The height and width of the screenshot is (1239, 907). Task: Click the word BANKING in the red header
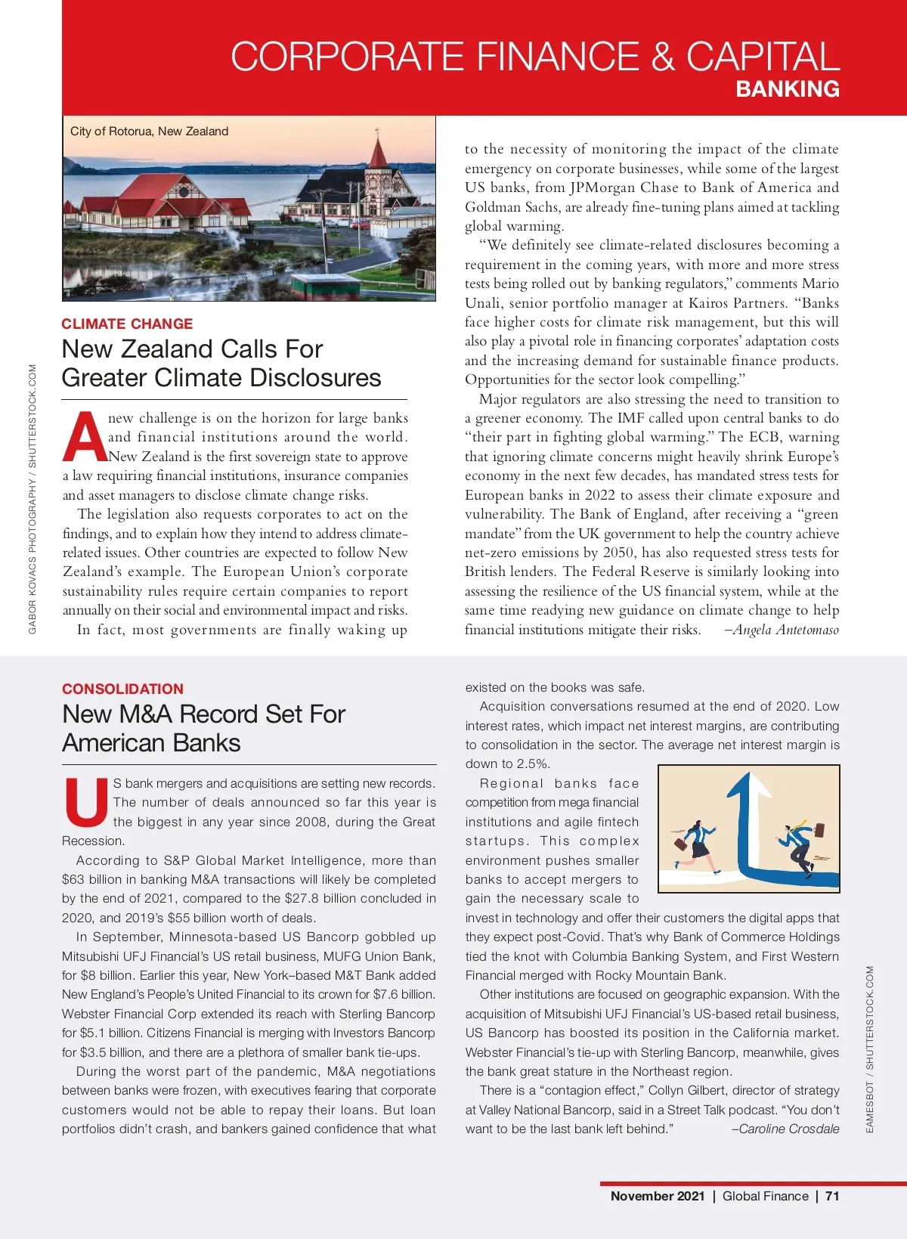(x=788, y=89)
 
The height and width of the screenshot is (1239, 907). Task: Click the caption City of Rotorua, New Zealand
(x=149, y=131)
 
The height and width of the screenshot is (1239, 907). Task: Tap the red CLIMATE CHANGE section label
(x=127, y=324)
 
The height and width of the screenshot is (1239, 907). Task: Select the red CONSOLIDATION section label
(x=122, y=689)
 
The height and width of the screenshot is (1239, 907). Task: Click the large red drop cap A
(x=84, y=437)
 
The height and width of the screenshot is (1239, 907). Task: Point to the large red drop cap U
(x=86, y=802)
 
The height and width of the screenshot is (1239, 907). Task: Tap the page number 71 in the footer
(x=832, y=1196)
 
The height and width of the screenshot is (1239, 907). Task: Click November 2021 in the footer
(x=657, y=1196)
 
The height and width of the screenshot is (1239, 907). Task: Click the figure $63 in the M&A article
(x=73, y=879)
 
